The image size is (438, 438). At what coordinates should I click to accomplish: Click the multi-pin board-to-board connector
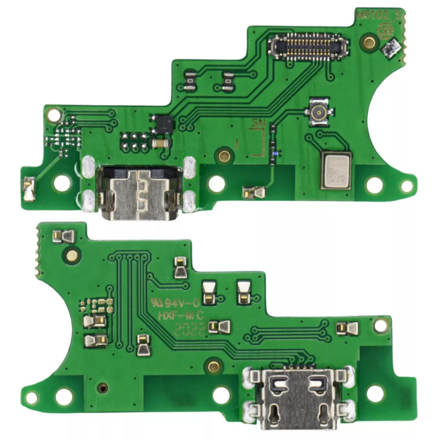click(308, 46)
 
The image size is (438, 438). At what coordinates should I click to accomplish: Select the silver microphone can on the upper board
click(336, 170)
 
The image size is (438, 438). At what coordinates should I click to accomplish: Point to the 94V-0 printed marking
click(175, 303)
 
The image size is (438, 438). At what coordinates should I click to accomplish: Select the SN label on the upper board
click(258, 124)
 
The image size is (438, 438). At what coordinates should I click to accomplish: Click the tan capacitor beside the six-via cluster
click(160, 144)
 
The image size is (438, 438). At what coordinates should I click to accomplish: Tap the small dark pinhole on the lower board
click(102, 388)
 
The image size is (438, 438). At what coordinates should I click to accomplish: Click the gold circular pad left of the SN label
click(224, 155)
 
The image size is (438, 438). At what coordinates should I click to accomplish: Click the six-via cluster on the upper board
click(133, 142)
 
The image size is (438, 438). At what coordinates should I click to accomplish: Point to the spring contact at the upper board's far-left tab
click(29, 189)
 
